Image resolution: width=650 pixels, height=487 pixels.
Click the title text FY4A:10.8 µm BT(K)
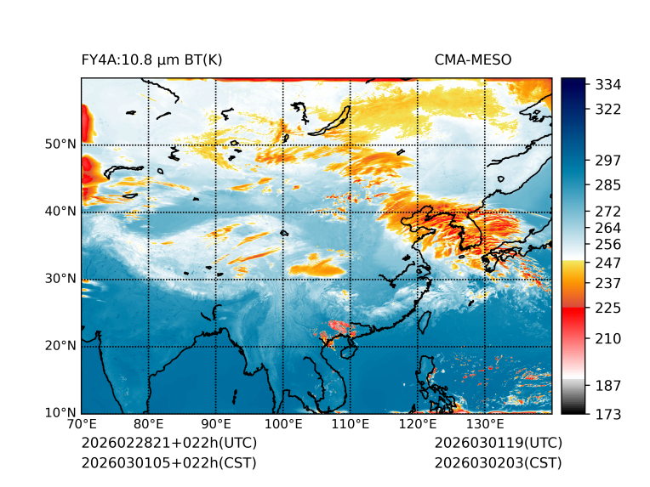(x=151, y=59)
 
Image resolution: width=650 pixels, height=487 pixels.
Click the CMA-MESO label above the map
(x=472, y=59)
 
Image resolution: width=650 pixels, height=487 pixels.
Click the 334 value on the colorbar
(x=607, y=85)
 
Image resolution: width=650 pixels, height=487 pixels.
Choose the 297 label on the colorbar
(x=607, y=160)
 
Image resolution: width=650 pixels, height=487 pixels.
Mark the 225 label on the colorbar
(x=607, y=308)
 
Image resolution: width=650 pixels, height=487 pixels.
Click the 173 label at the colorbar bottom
(x=607, y=413)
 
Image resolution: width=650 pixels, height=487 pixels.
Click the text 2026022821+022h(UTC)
(x=168, y=444)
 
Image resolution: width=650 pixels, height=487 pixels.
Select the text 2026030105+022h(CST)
(x=168, y=462)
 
